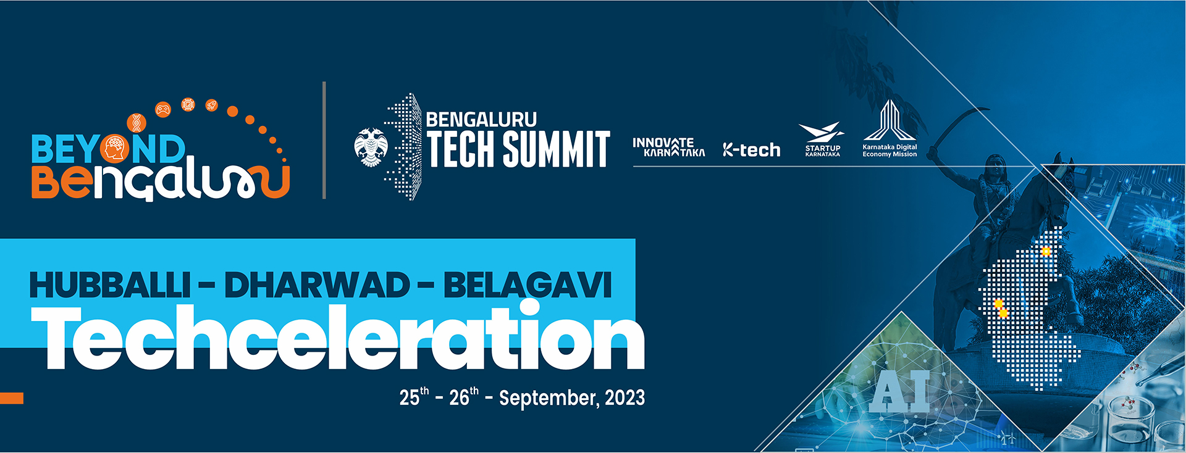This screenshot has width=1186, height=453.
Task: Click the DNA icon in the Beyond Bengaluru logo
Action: (137, 123)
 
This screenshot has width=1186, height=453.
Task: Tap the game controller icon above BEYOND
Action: (163, 110)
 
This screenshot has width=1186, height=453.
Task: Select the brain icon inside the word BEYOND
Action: (115, 149)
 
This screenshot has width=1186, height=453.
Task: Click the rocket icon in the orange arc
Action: (211, 106)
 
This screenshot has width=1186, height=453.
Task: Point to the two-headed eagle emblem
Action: (371, 147)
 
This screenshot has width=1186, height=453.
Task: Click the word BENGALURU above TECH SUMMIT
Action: (481, 119)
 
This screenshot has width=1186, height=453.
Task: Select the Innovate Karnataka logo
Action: (668, 147)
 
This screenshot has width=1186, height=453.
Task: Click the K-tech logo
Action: (751, 150)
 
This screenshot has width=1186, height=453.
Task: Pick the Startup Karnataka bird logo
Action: (822, 139)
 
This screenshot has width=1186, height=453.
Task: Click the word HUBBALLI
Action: (109, 285)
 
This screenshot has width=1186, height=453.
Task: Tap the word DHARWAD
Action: (316, 285)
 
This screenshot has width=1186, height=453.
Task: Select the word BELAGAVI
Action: (527, 285)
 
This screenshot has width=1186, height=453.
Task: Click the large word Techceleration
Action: (338, 336)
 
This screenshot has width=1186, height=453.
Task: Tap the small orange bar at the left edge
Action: (12, 398)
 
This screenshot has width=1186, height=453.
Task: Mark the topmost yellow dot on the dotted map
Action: (1046, 251)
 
